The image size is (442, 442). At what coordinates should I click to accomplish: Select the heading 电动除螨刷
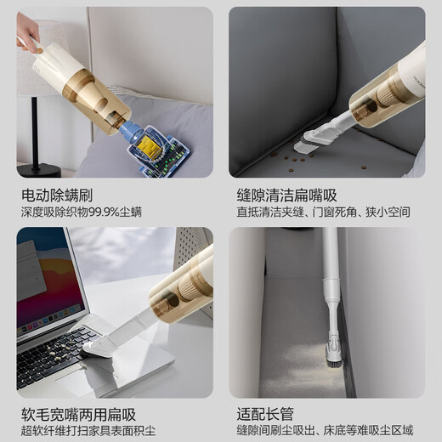[x=57, y=194]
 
